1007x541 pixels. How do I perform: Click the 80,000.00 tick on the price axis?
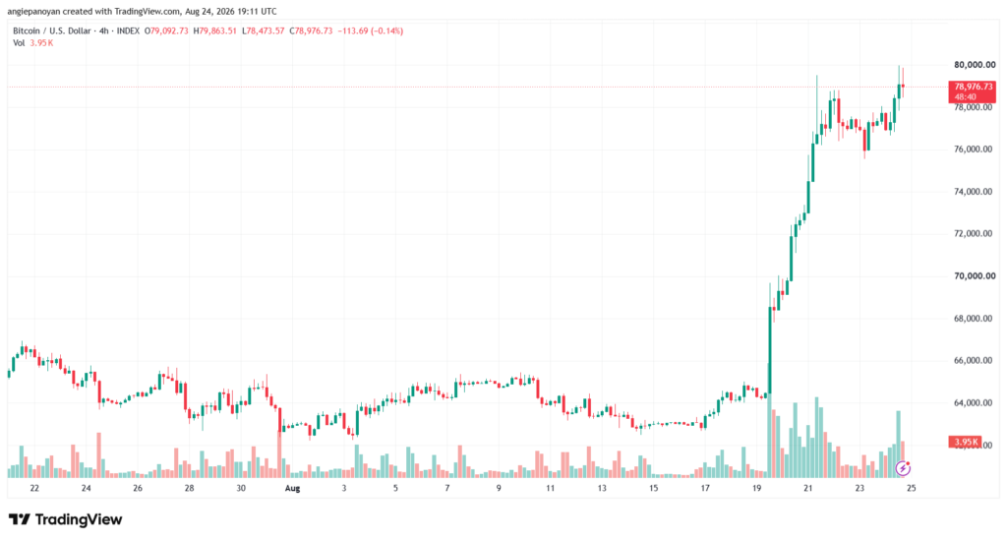click(975, 65)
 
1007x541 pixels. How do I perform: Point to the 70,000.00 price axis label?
click(975, 276)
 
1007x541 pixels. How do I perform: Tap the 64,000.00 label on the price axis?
click(975, 403)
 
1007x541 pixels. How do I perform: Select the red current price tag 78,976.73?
click(973, 91)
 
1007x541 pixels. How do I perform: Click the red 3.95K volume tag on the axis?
click(965, 442)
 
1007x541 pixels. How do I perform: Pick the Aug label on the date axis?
click(292, 488)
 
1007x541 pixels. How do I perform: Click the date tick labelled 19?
click(756, 488)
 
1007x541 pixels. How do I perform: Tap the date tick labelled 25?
click(911, 488)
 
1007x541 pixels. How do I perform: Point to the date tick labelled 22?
click(34, 488)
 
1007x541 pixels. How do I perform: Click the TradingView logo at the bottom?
click(66, 519)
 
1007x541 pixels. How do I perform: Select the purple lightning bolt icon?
click(903, 468)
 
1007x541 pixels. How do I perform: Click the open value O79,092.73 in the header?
click(166, 30)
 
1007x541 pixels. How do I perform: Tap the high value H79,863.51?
click(215, 30)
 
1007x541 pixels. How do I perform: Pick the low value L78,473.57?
click(264, 30)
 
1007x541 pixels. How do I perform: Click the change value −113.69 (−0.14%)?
click(371, 30)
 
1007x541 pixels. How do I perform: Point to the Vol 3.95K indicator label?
click(33, 43)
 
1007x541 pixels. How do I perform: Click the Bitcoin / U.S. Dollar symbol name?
click(52, 30)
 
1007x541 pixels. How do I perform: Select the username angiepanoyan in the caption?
click(33, 12)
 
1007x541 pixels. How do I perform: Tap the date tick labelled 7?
click(447, 488)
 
